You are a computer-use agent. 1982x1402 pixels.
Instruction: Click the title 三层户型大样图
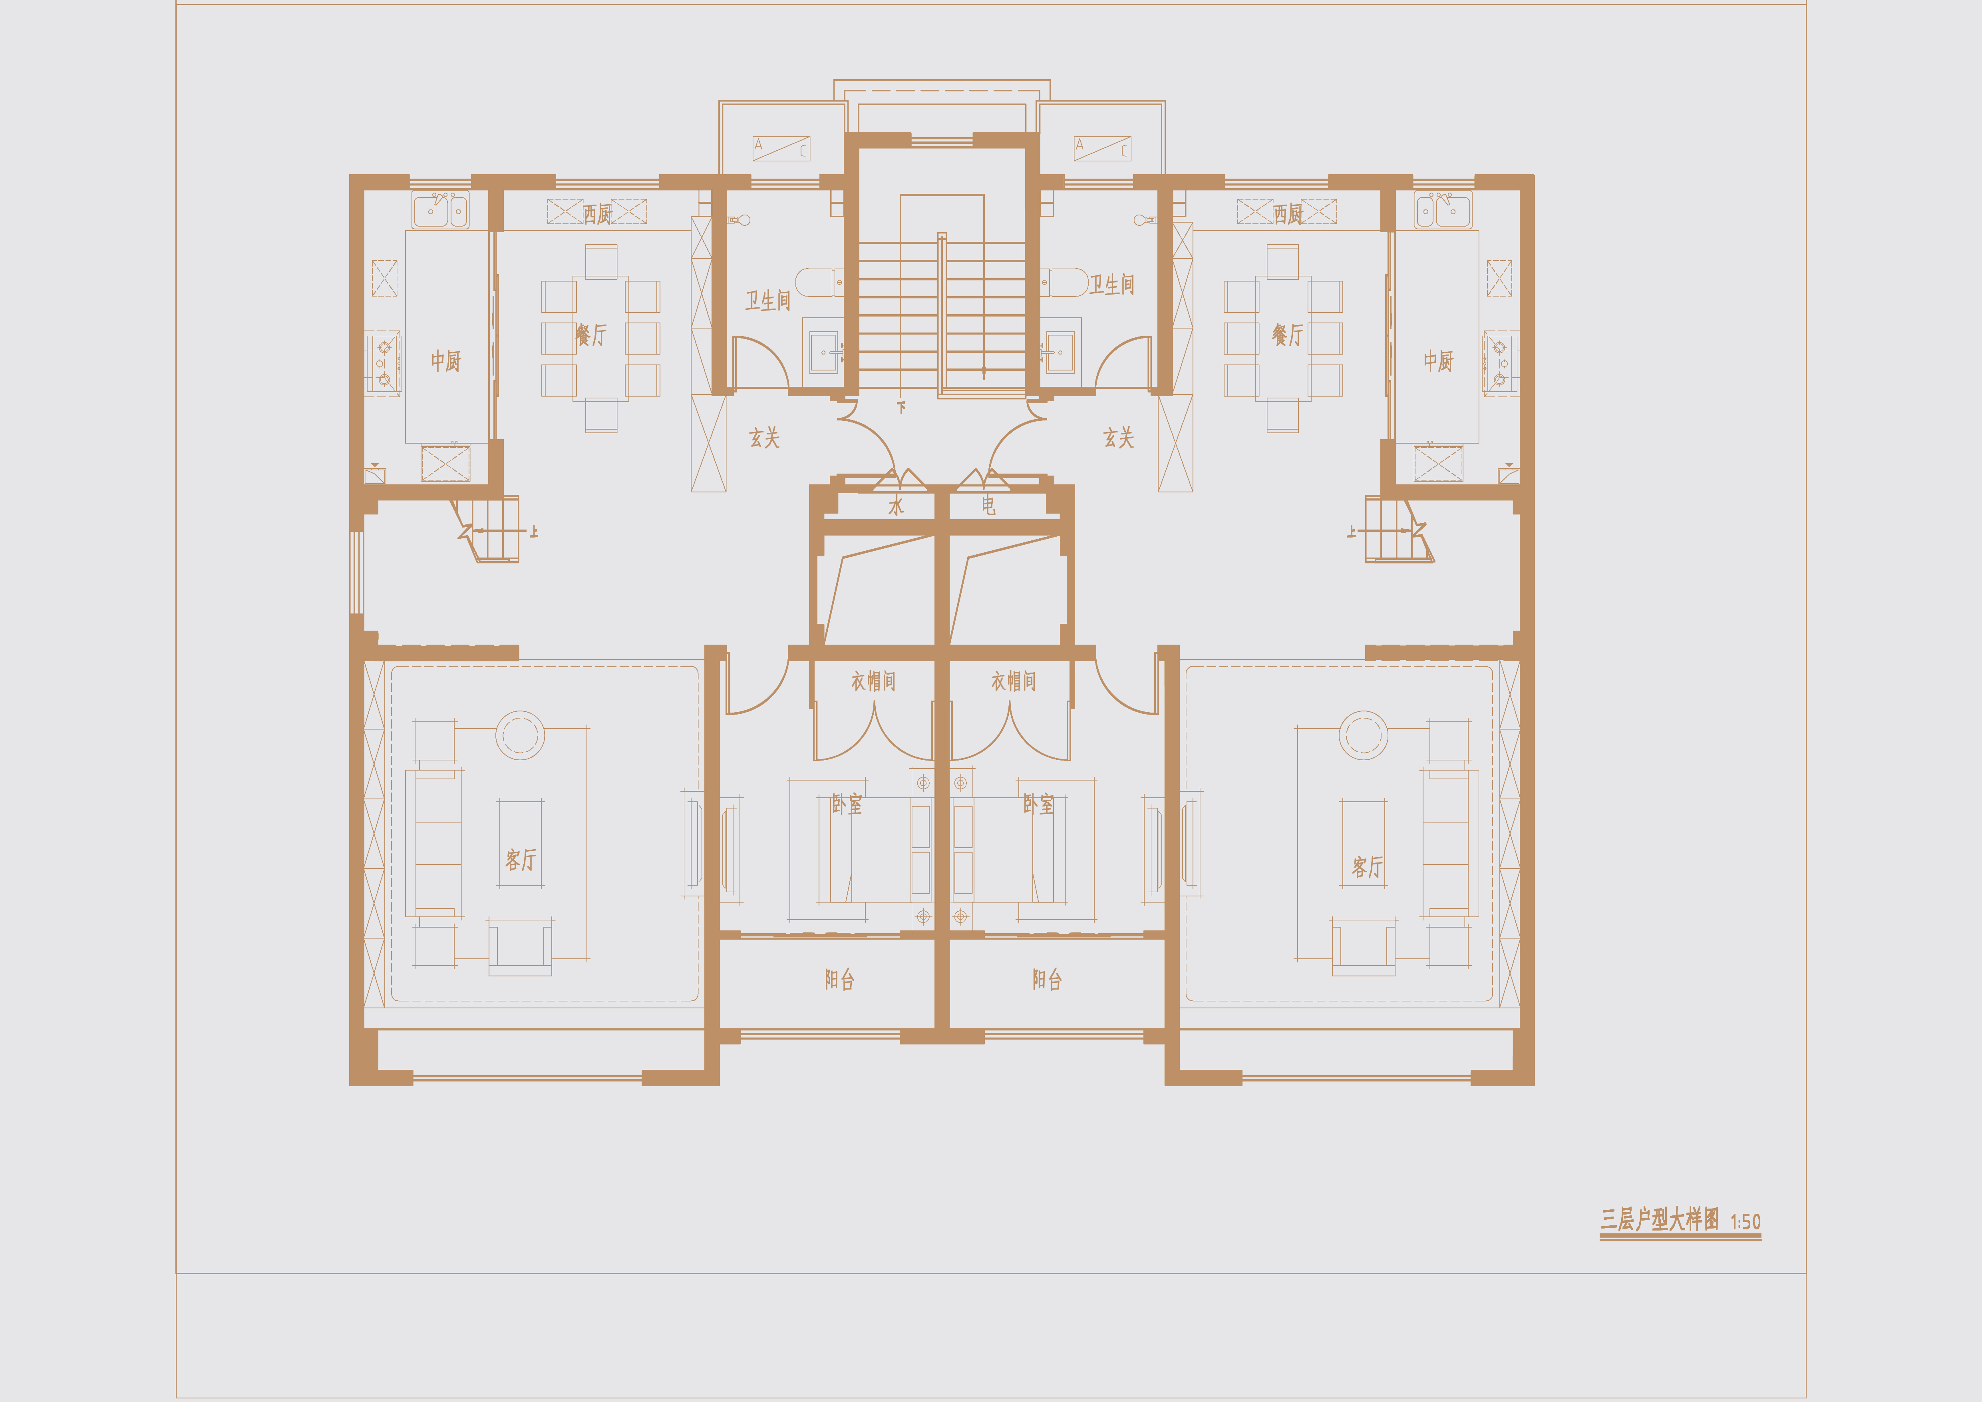(x=1659, y=1220)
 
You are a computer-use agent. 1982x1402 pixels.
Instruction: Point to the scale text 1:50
(x=1745, y=1222)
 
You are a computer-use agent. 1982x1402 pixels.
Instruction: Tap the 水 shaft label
(x=896, y=505)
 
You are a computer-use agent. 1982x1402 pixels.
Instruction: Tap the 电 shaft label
(x=988, y=505)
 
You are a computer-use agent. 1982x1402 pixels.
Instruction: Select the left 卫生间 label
(x=767, y=300)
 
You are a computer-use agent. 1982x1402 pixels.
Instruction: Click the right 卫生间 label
(x=1112, y=284)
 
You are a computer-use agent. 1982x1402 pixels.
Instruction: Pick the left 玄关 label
(x=764, y=438)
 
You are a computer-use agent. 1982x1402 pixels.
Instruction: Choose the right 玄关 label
(x=1119, y=438)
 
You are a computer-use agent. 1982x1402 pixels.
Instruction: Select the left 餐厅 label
(x=591, y=335)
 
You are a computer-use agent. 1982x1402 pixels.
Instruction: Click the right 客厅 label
(x=1368, y=867)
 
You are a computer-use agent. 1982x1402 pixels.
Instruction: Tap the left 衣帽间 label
(x=873, y=681)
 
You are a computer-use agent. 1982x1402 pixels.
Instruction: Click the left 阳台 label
(x=839, y=979)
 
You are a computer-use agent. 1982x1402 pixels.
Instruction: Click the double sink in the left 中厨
(x=440, y=210)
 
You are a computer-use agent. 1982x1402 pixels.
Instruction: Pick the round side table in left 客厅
(x=520, y=735)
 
